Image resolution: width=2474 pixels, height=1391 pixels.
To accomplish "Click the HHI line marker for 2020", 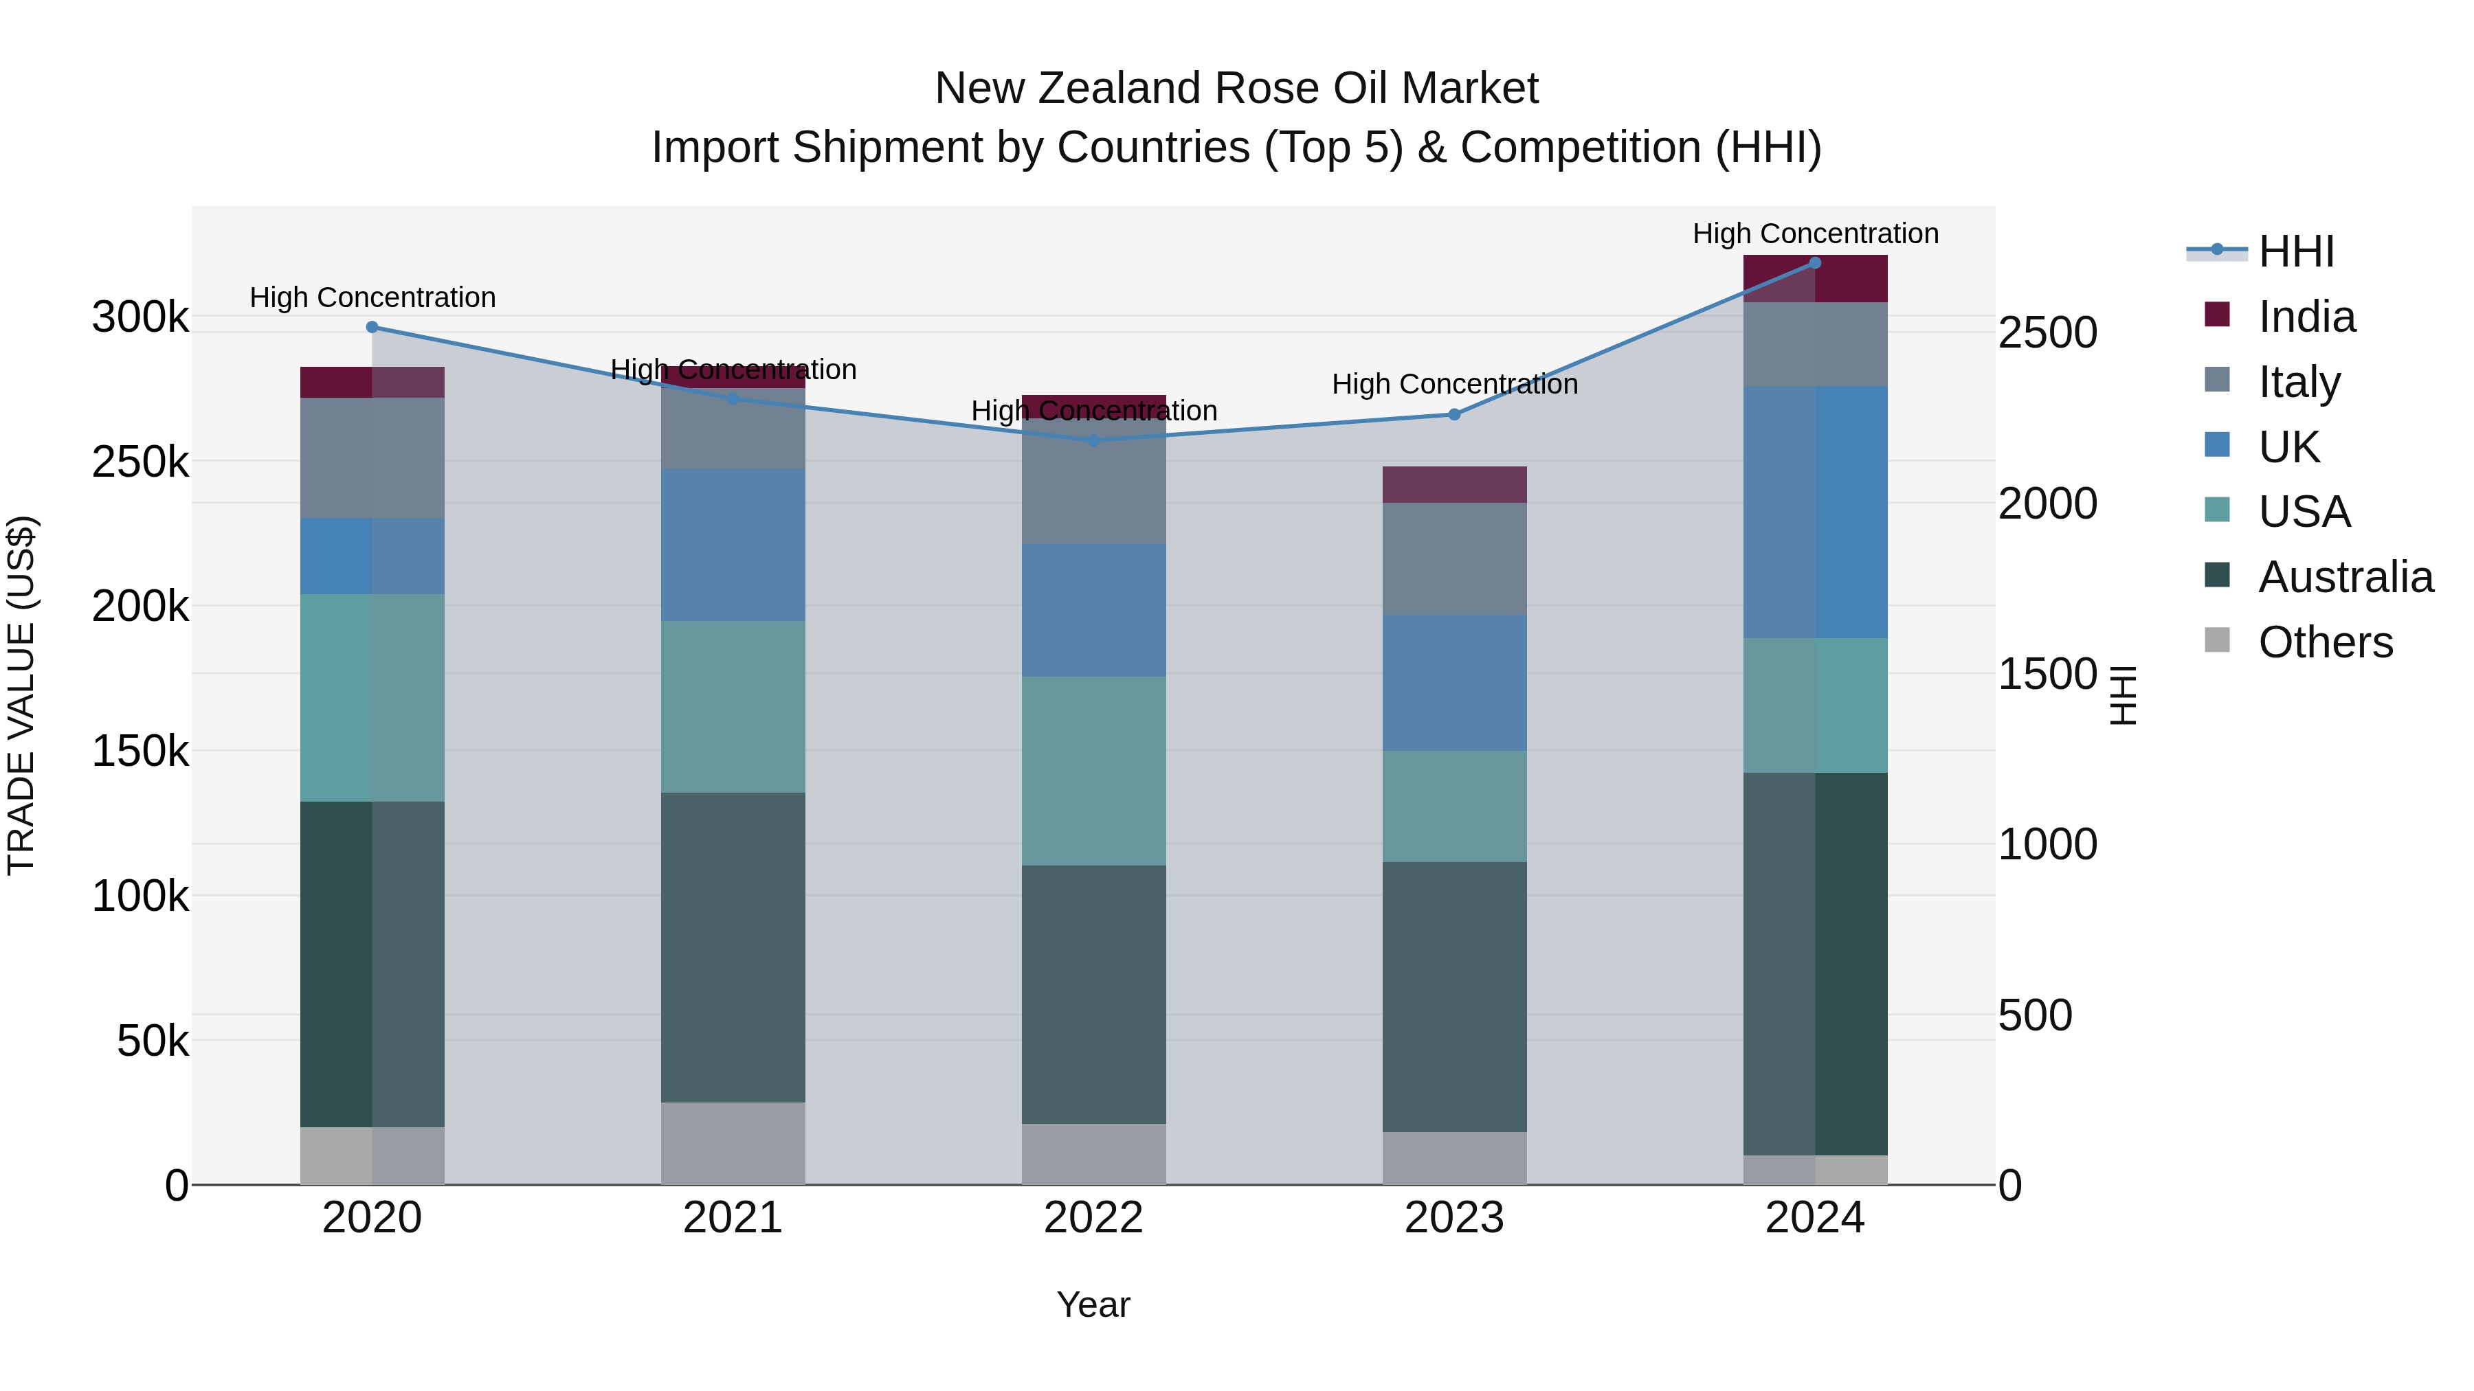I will (372, 328).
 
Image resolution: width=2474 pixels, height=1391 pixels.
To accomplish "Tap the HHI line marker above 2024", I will (1815, 263).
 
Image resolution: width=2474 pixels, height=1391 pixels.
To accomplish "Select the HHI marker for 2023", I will (1454, 415).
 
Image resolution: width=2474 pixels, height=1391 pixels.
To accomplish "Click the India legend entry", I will (2306, 317).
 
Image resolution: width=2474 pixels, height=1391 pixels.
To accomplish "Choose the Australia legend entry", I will (2344, 577).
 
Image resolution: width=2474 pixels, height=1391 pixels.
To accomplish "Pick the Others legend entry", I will (2324, 642).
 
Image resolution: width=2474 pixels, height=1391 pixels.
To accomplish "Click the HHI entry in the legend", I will (2295, 251).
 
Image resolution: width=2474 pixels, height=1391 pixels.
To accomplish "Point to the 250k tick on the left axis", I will (140, 463).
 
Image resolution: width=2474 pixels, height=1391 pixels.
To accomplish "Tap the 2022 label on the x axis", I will (1093, 1218).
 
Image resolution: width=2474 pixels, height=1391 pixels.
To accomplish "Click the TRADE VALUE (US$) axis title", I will (21, 695).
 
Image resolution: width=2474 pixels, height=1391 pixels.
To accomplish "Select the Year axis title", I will (1093, 1304).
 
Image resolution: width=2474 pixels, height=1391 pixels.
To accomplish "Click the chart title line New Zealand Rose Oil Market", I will (1236, 89).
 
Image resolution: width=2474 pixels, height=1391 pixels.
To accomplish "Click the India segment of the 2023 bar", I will (1454, 485).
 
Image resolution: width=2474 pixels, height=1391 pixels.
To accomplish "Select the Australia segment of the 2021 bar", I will (733, 947).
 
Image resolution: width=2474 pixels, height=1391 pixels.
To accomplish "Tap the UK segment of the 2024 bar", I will (1815, 512).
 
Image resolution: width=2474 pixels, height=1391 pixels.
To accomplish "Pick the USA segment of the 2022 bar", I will (1093, 771).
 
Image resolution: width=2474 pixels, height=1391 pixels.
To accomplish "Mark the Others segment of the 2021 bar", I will (733, 1143).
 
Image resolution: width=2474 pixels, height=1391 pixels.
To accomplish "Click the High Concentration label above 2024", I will (1815, 234).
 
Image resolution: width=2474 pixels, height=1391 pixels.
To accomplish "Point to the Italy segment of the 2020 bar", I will (372, 458).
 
